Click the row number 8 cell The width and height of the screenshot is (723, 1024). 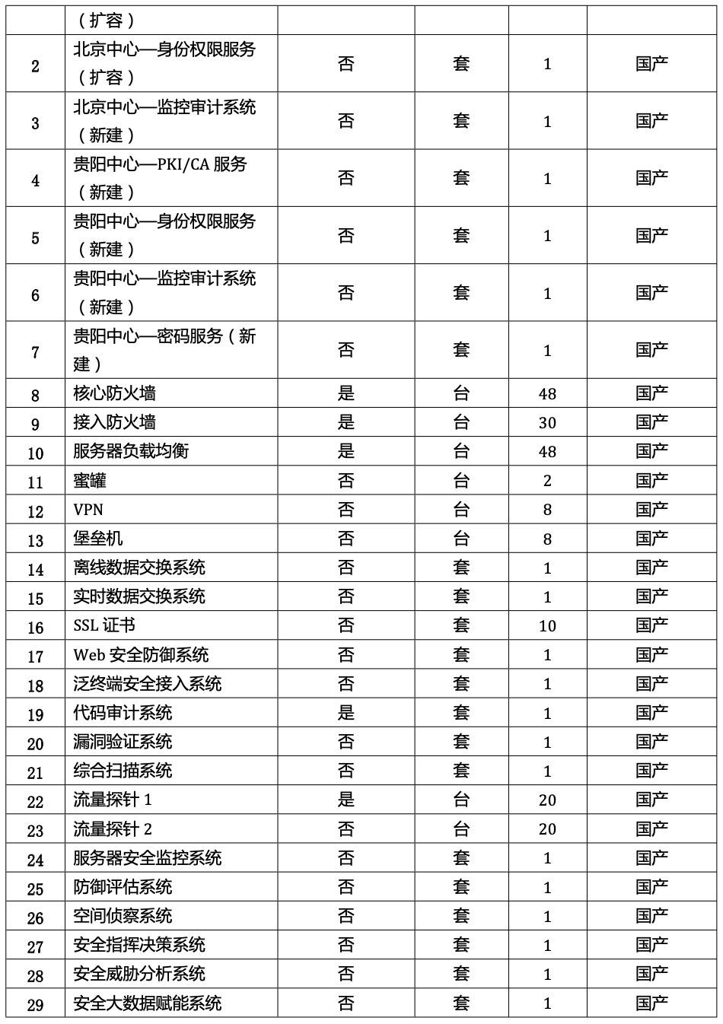coord(35,394)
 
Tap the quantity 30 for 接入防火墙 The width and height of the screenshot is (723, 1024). coord(546,423)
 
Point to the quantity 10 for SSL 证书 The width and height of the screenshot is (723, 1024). coord(546,626)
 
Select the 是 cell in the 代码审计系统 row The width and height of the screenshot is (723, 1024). coord(346,713)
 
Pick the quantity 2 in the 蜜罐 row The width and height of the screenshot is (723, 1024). coord(546,481)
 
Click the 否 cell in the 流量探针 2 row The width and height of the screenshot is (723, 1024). coord(346,828)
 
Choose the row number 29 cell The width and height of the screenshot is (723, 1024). coord(35,1004)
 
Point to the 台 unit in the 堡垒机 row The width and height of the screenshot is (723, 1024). coord(461,539)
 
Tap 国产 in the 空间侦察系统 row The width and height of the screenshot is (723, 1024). coord(651,916)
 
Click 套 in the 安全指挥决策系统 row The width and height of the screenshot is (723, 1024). coord(461,945)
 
